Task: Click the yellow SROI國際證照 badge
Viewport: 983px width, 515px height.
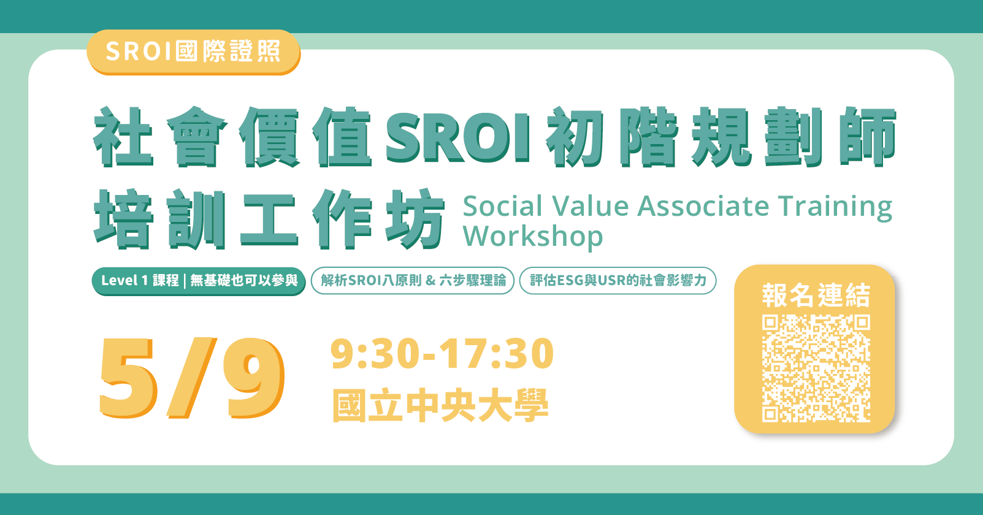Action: coord(193,51)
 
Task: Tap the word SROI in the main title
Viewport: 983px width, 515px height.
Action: coord(457,137)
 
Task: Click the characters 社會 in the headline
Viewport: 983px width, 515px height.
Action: coord(161,137)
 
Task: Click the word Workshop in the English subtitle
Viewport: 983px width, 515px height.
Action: coord(533,237)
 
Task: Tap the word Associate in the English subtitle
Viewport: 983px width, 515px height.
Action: coord(703,207)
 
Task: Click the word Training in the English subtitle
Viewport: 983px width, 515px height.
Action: coord(835,207)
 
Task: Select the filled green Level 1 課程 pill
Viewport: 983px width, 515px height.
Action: coord(199,281)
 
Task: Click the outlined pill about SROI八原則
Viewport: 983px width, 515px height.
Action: coord(413,281)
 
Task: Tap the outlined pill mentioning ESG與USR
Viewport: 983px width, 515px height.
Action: coord(618,281)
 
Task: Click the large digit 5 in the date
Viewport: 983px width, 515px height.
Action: coord(127,378)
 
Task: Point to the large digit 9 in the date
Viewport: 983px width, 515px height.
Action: coord(253,378)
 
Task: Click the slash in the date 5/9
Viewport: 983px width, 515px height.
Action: coord(191,378)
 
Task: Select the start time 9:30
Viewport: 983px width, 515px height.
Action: coord(375,354)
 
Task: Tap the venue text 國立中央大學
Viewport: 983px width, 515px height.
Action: coord(440,406)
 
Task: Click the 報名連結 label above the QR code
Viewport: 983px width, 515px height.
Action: coord(816,296)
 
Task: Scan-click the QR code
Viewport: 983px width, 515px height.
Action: coord(816,368)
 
